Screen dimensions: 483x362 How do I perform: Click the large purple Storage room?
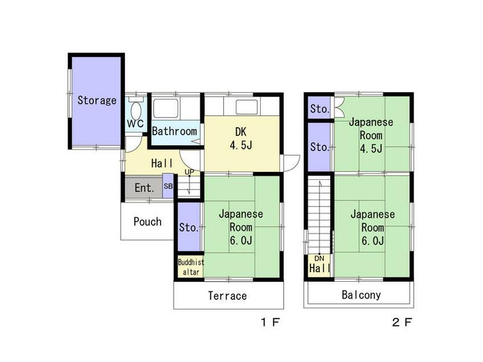pos(97,101)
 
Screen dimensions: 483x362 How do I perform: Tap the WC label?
pos(135,124)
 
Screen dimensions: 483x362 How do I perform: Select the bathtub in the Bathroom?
pos(165,108)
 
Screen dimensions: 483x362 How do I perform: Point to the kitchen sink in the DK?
pos(247,107)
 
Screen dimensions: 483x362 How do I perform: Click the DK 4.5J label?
pos(241,138)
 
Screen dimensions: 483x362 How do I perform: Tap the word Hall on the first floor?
pos(162,163)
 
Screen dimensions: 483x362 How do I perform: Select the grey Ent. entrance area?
pos(144,188)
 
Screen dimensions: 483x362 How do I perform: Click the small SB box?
pos(168,186)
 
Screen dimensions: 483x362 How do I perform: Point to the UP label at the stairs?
pos(190,172)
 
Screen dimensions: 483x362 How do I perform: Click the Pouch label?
pos(147,221)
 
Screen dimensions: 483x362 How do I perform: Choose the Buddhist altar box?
pos(191,267)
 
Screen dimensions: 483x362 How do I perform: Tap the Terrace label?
pos(228,296)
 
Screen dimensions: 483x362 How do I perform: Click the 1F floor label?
pos(270,322)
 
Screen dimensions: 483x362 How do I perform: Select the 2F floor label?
pos(401,322)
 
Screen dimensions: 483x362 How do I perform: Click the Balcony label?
pos(361,295)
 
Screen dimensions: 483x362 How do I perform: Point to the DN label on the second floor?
pos(319,259)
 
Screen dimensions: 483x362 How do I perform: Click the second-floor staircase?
pos(319,216)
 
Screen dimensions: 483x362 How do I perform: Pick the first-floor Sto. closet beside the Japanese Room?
pos(189,227)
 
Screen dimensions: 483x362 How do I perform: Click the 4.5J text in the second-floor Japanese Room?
pos(371,148)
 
